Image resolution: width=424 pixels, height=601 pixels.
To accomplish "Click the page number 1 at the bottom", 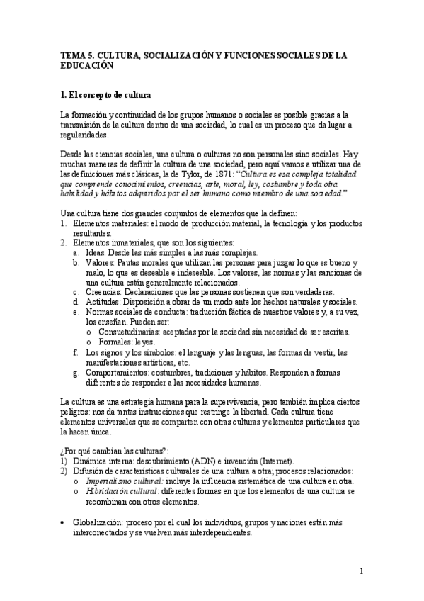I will click(361, 571).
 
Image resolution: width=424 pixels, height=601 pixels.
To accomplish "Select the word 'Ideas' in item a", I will click(96, 252).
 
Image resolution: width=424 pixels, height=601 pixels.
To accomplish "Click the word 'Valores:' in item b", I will click(100, 262).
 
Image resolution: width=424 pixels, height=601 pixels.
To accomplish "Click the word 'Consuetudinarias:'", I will click(129, 332).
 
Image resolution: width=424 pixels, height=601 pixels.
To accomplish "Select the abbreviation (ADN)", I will click(201, 461).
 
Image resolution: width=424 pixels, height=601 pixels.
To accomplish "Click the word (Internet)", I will click(277, 461).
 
